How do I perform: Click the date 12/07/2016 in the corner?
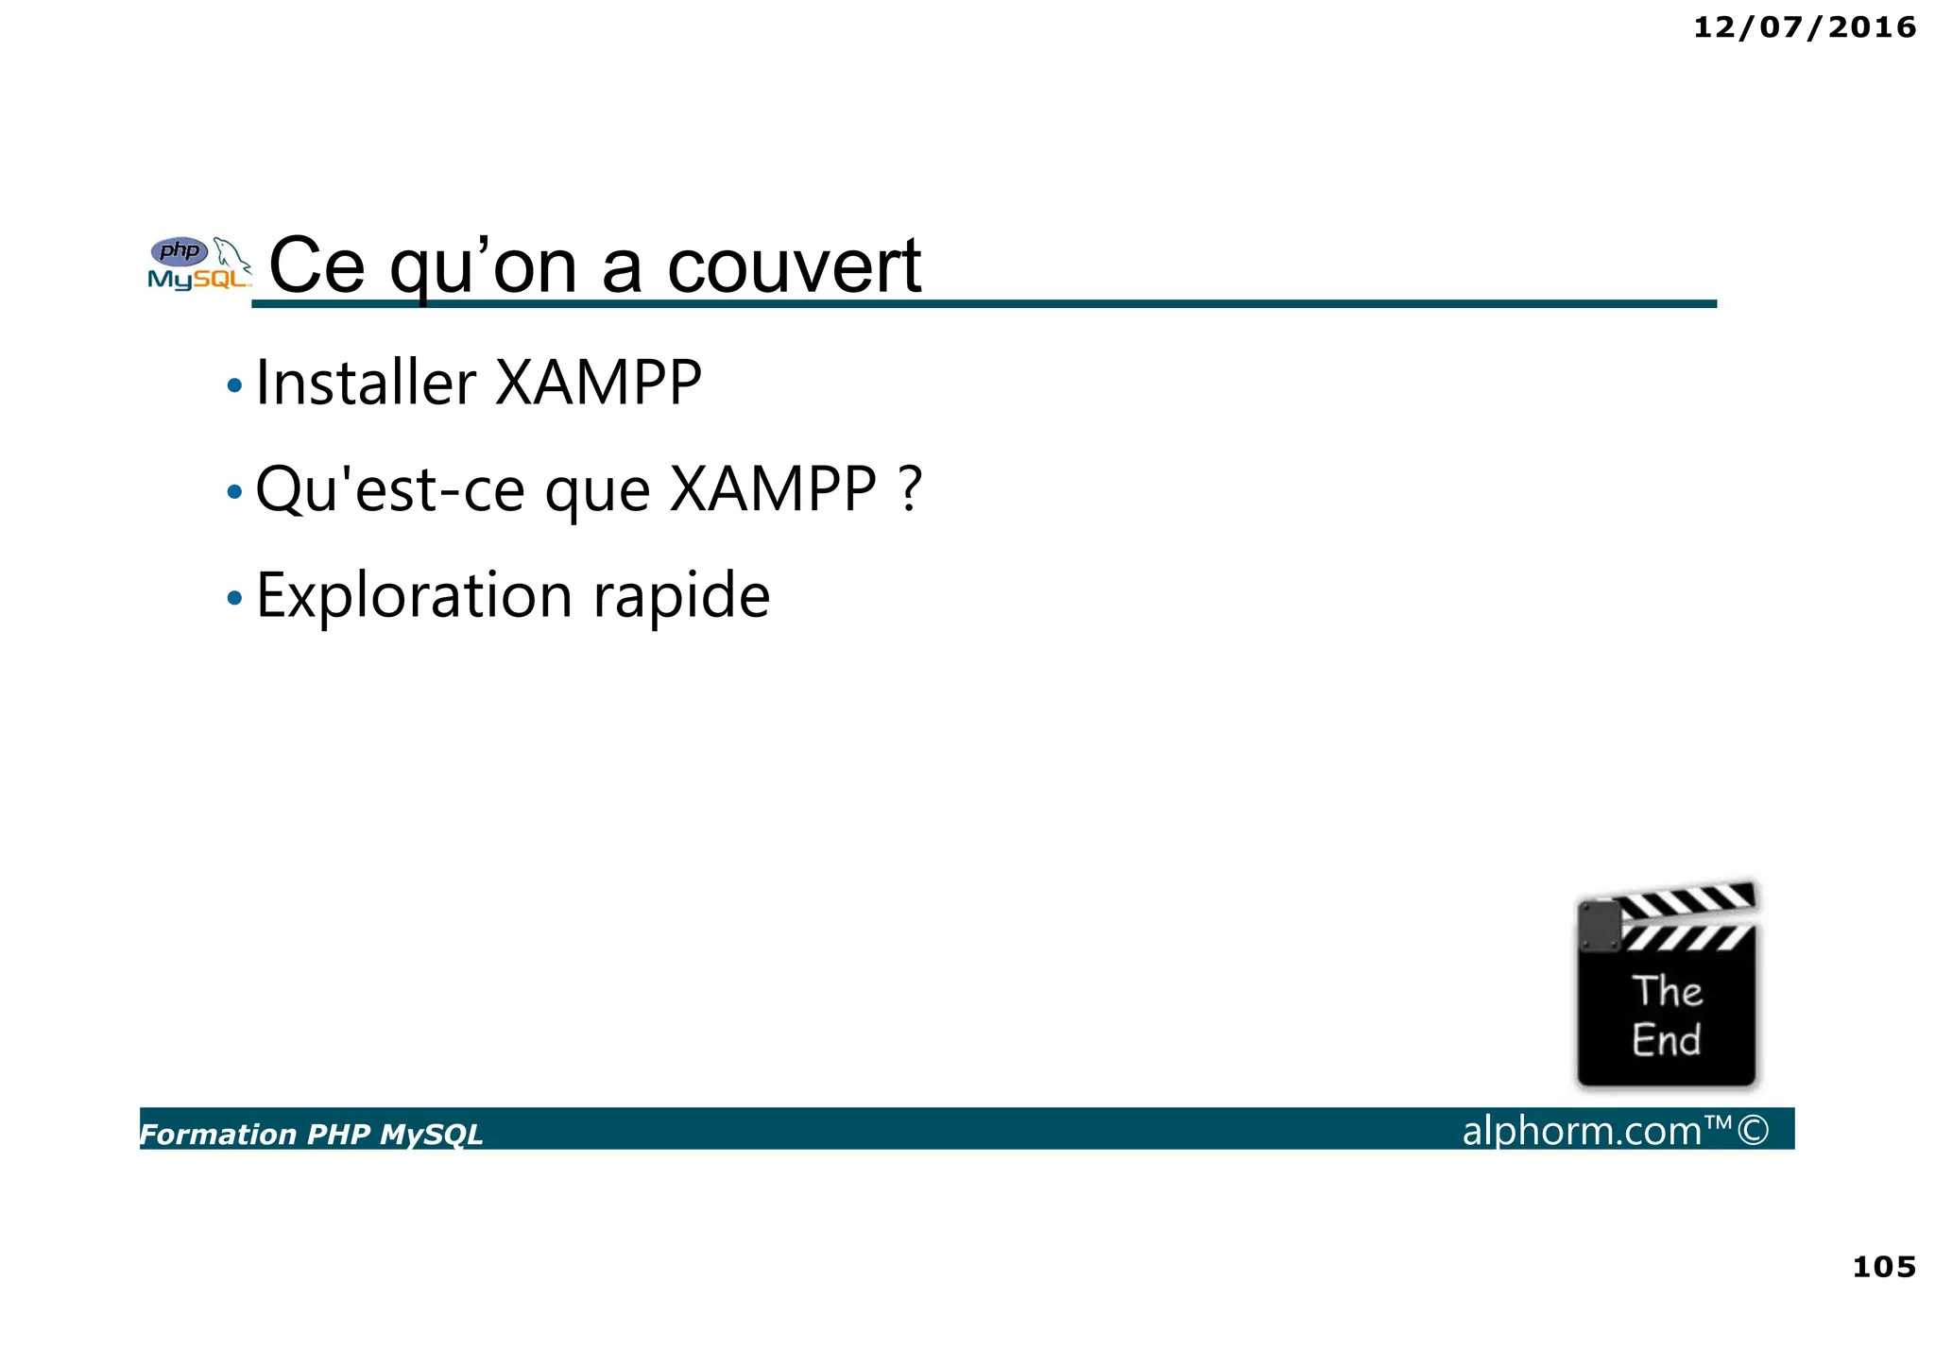click(x=1804, y=27)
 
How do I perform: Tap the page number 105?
click(x=1883, y=1267)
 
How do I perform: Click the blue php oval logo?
click(x=180, y=251)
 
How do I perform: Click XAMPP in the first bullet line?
click(x=598, y=384)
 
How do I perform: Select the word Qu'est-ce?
click(x=389, y=489)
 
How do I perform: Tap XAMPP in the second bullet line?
click(x=773, y=489)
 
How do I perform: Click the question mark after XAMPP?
click(x=910, y=489)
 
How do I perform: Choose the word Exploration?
click(x=414, y=596)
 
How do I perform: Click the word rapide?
click(x=681, y=596)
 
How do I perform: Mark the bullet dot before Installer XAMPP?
click(x=234, y=385)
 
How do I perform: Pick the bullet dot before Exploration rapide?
click(x=234, y=598)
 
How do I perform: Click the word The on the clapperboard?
click(x=1668, y=991)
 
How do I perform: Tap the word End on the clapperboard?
click(x=1666, y=1040)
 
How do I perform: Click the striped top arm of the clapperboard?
click(x=1687, y=899)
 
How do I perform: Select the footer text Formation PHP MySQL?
click(x=312, y=1134)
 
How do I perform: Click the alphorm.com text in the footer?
click(x=1582, y=1131)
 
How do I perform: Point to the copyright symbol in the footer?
click(x=1753, y=1130)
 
